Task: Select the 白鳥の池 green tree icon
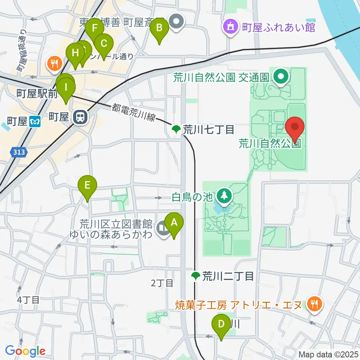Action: (224, 195)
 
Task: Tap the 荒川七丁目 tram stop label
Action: (208, 130)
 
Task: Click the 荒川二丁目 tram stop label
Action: (228, 277)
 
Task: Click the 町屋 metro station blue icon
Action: (35, 121)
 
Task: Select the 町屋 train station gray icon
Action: (80, 117)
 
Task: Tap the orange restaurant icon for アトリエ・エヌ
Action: (313, 303)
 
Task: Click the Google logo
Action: (25, 351)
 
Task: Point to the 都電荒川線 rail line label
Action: (133, 112)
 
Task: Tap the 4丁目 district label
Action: (28, 300)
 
